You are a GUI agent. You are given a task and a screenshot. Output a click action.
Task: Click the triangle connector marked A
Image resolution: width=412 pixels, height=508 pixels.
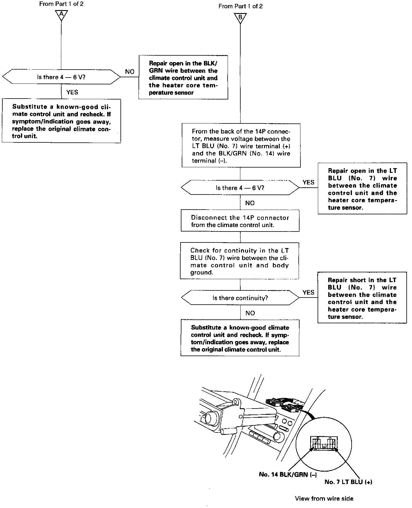click(x=61, y=15)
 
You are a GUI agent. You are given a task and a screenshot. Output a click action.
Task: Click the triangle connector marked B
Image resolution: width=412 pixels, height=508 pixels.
click(x=240, y=18)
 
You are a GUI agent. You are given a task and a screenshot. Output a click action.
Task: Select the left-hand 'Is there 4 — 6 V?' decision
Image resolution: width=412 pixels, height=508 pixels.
click(x=61, y=77)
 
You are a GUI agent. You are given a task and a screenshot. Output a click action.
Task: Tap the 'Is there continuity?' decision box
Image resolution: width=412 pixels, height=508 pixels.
click(x=240, y=298)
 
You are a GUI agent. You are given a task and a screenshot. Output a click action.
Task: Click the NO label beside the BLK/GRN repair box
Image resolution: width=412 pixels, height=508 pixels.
click(x=130, y=72)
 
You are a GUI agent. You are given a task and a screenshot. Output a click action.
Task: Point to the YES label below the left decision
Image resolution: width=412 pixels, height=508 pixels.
click(x=72, y=92)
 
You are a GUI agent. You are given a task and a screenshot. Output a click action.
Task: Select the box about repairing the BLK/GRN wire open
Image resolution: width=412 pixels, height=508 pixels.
click(x=183, y=78)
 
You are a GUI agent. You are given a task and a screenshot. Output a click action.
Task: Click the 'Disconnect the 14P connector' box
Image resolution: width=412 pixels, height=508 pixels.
click(x=240, y=221)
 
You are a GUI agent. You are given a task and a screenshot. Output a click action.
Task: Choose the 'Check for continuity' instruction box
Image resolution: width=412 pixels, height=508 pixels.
click(x=239, y=261)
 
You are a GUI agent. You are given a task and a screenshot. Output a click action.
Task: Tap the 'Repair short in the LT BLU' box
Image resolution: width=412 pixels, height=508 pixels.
click(x=362, y=298)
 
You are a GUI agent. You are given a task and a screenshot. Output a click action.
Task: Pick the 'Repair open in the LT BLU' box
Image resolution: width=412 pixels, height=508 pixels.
click(x=362, y=189)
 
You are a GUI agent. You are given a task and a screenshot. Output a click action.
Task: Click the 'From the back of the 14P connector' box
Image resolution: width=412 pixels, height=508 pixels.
click(x=241, y=146)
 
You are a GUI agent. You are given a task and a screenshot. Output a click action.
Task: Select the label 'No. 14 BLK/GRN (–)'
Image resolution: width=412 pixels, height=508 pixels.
click(x=288, y=474)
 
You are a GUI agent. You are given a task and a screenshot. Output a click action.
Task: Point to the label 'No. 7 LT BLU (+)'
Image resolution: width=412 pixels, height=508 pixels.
click(x=348, y=482)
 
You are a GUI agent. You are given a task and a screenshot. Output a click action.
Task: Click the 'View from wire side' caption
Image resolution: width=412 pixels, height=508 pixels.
click(x=324, y=499)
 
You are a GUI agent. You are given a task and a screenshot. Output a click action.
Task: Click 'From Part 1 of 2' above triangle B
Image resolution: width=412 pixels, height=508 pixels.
click(x=240, y=6)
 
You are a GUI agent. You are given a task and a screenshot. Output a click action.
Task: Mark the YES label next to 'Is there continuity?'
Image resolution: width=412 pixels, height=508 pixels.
click(x=308, y=292)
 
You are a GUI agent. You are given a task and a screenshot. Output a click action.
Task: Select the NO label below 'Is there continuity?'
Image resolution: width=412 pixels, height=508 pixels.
click(x=250, y=313)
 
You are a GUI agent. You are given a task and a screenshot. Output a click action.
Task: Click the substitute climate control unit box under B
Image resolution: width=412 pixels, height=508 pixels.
click(x=240, y=338)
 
